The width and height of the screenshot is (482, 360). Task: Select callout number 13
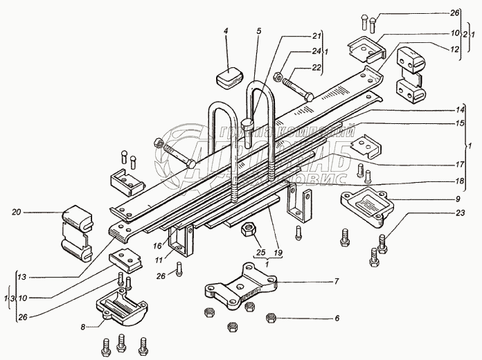(23, 278)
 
